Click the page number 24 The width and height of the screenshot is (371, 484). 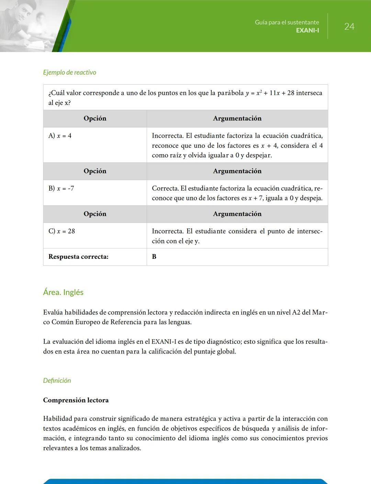349,27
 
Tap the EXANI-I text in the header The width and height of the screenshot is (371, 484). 307,30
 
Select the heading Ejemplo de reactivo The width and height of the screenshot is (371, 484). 69,72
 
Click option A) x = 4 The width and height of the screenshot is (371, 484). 60,136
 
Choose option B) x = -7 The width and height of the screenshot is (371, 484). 61,188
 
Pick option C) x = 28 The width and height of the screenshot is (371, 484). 62,231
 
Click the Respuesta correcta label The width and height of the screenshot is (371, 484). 78,256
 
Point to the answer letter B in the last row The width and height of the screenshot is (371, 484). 154,256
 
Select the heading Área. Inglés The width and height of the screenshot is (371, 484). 63,292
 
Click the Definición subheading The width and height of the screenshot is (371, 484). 57,380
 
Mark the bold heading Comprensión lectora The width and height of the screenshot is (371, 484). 76,400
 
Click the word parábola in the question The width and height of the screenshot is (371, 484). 231,93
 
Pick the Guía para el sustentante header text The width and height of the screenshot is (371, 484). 287,22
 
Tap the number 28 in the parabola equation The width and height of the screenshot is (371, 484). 291,93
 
